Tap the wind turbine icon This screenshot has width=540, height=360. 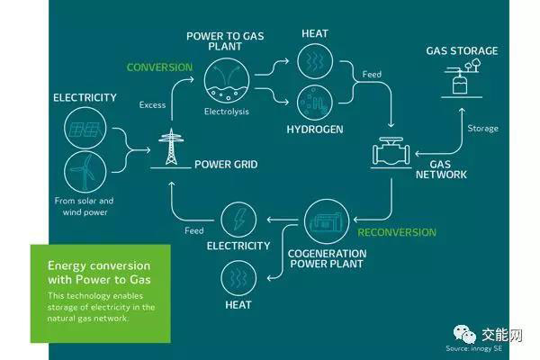coord(87,172)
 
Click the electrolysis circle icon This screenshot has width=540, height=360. coord(225,80)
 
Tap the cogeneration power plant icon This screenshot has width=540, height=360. coord(324,220)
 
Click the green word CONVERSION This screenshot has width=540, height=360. coord(159,67)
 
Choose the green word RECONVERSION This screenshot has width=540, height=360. coord(397,231)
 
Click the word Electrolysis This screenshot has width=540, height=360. coord(226,113)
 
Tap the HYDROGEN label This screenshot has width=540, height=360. coord(314,129)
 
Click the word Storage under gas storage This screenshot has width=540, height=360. coord(482,128)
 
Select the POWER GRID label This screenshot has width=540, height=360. coord(228,165)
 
